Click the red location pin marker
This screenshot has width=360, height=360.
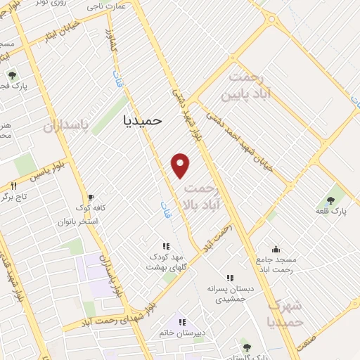click(181, 165)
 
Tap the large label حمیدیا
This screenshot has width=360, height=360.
click(142, 120)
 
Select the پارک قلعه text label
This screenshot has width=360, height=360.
click(330, 211)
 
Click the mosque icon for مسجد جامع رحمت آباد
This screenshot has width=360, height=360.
click(276, 248)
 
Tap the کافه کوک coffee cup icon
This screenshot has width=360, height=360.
click(89, 198)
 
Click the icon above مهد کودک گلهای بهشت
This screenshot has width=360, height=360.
click(166, 246)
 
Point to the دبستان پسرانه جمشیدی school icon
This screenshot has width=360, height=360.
click(229, 278)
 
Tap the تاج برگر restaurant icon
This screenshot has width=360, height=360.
click(13, 185)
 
